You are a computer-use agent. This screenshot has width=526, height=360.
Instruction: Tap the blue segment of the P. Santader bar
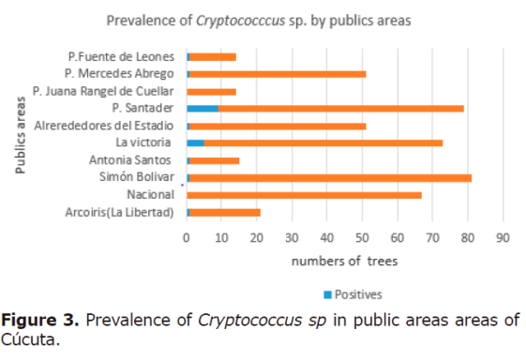pyautogui.click(x=203, y=109)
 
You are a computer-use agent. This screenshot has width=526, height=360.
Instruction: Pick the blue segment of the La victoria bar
pyautogui.click(x=195, y=142)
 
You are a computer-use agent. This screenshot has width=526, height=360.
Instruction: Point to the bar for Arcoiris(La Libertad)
pyautogui.click(x=224, y=212)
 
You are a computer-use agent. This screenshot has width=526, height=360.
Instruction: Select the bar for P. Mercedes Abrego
pyautogui.click(x=277, y=74)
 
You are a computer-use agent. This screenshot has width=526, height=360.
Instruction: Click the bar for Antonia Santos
pyautogui.click(x=213, y=160)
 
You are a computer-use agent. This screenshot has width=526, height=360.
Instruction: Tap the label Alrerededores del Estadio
pyautogui.click(x=103, y=126)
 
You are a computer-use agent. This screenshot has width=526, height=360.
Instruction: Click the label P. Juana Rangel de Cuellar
pyautogui.click(x=103, y=91)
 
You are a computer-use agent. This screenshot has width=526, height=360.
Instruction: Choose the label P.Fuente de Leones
pyautogui.click(x=121, y=57)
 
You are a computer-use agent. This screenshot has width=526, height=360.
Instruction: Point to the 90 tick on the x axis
pyautogui.click(x=502, y=236)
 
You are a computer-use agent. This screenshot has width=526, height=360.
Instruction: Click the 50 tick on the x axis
pyautogui.click(x=361, y=236)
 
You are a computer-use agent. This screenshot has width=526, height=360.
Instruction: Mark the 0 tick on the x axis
pyautogui.click(x=187, y=236)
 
